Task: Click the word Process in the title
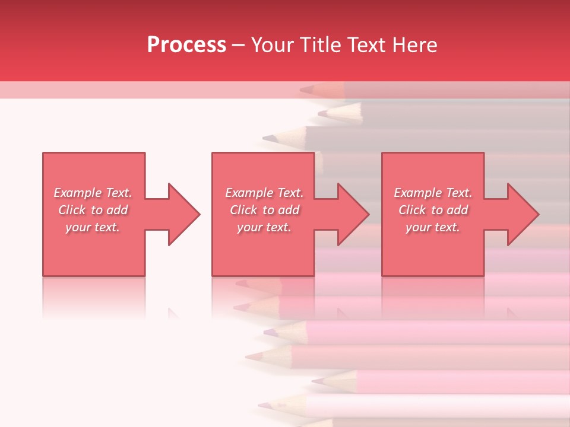coord(186,44)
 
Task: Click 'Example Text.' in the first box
coord(93,193)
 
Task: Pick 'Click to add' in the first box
coord(93,210)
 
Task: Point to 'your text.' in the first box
coord(93,227)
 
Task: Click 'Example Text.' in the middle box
coord(264,193)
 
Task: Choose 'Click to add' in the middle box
coord(264,210)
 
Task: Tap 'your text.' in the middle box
coord(264,227)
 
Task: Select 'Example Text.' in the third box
coord(433,193)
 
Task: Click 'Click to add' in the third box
coord(433,210)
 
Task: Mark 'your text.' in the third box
coord(433,227)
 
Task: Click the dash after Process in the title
coord(238,45)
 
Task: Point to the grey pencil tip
coord(270,138)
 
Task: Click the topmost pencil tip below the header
coord(306,90)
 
